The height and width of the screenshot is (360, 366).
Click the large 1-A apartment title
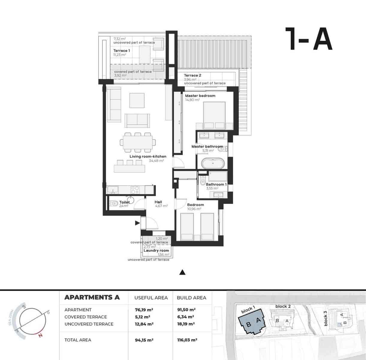coord(308,39)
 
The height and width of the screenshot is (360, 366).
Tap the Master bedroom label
coord(200,96)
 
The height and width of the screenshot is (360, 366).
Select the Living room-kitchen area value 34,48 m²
coord(156,161)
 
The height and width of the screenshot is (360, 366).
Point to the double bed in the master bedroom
coord(214,115)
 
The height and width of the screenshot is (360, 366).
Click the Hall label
coord(158,202)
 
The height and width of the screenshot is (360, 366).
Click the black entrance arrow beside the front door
coord(137,223)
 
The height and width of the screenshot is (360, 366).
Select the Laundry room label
coord(156,250)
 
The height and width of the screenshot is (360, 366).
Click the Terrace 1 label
coord(121,51)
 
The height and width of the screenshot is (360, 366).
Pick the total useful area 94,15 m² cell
coord(144,340)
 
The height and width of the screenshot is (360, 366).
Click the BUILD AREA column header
coord(192,298)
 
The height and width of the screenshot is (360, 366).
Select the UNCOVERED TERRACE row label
coord(89,324)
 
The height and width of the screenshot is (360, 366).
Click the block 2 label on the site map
coord(283,306)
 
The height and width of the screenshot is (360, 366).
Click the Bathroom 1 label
coord(216,184)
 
